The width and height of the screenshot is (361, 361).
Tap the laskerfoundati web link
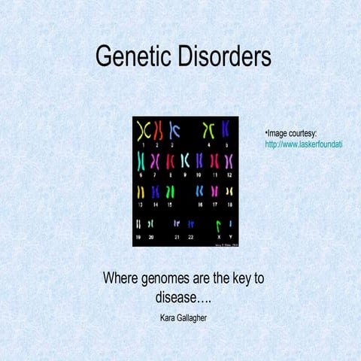click(304, 144)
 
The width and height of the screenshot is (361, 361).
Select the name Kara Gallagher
click(184, 317)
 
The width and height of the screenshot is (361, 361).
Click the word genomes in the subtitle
click(159, 279)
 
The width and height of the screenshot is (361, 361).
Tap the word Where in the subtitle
click(120, 279)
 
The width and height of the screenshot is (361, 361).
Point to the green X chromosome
click(217, 224)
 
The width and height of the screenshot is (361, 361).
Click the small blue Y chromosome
click(229, 224)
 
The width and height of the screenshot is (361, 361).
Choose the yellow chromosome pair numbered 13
click(140, 192)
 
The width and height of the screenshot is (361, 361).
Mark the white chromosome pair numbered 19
click(138, 223)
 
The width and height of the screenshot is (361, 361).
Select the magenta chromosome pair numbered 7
click(155, 161)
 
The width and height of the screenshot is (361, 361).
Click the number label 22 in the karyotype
click(191, 237)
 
